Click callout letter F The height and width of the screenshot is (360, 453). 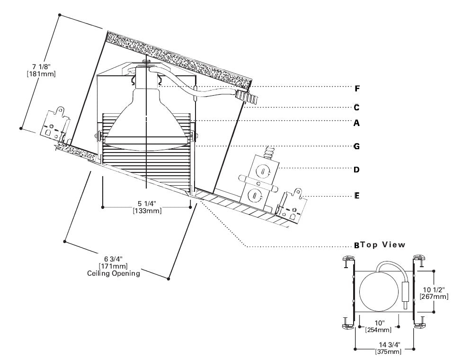(x=357, y=88)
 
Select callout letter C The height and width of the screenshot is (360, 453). (x=357, y=107)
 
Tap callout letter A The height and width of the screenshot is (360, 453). (x=357, y=123)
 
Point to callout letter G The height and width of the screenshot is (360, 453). (x=357, y=146)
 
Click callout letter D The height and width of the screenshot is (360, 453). (x=357, y=169)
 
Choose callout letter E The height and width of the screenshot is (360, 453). (x=357, y=195)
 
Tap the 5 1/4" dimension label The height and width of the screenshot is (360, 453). (x=147, y=204)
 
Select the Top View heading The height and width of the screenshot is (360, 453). (x=383, y=245)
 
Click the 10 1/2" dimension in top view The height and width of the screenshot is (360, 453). (x=434, y=289)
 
